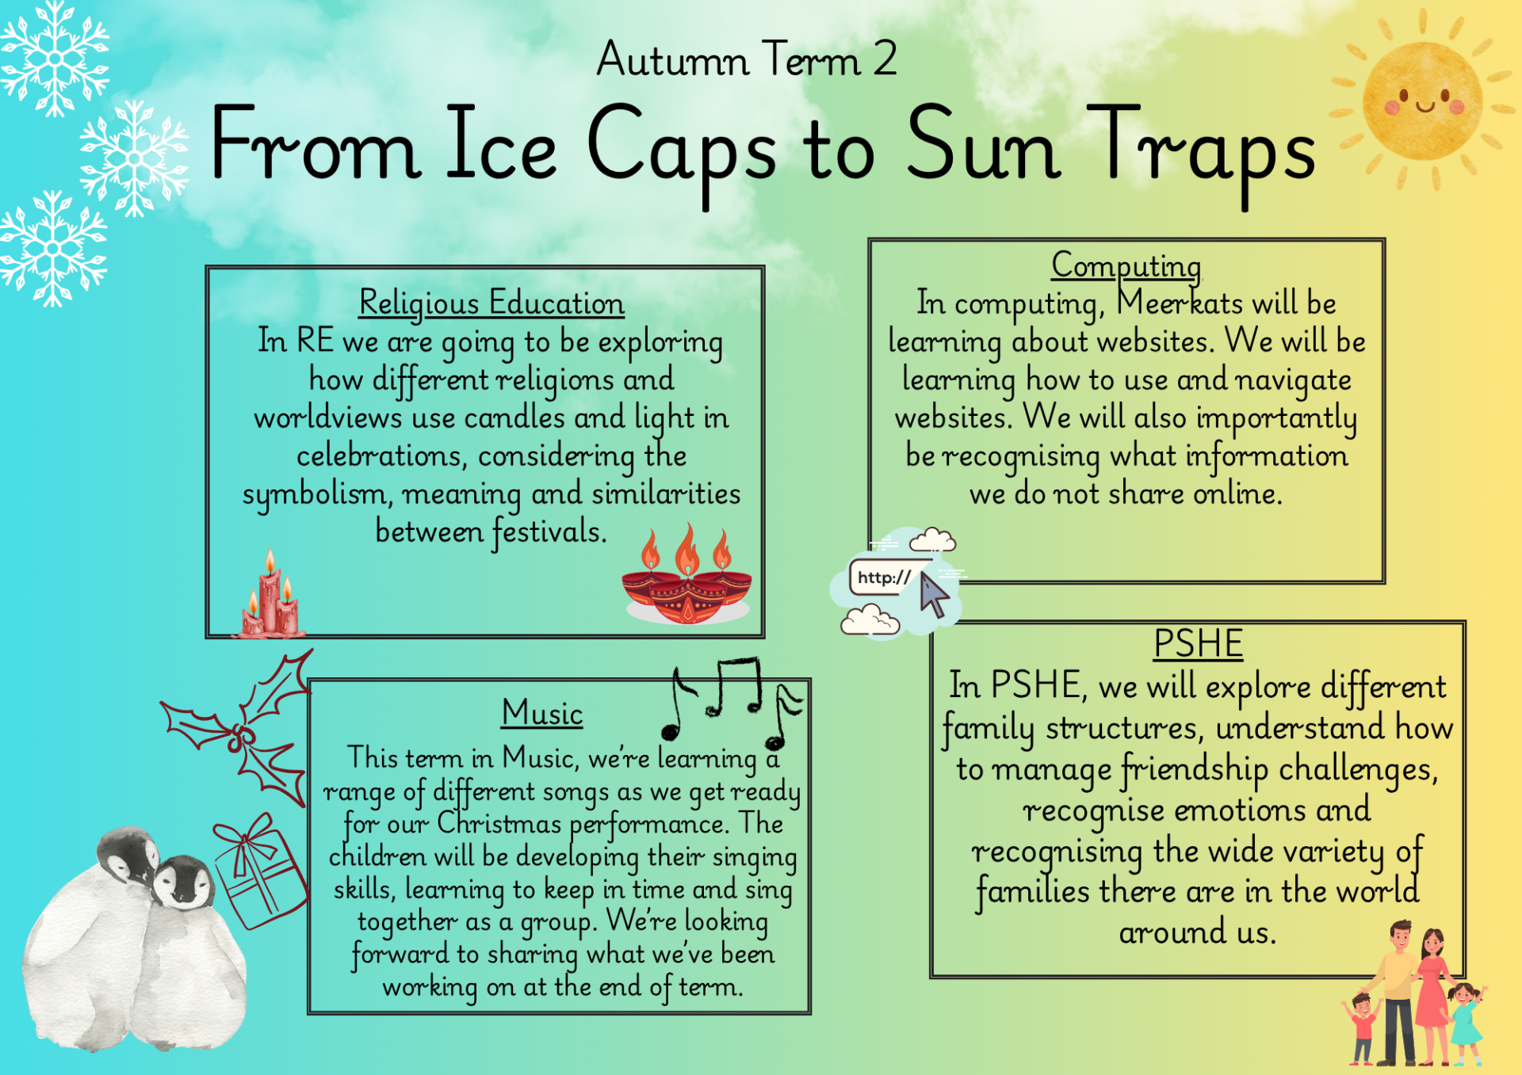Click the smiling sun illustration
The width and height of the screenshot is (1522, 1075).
pyautogui.click(x=1422, y=101)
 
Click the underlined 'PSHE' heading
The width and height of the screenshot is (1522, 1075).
pyautogui.click(x=1198, y=643)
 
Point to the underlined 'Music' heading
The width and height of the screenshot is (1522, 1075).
pyautogui.click(x=543, y=713)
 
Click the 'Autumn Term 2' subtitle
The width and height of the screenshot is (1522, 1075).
pyautogui.click(x=747, y=59)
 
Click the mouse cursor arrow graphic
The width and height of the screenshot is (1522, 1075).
pyautogui.click(x=934, y=595)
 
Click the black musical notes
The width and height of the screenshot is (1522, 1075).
pyautogui.click(x=731, y=701)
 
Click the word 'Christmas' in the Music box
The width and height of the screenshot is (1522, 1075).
pyautogui.click(x=499, y=824)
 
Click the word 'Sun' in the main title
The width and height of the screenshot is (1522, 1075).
pyautogui.click(x=983, y=144)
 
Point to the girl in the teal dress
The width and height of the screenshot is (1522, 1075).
pyautogui.click(x=1466, y=1023)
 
